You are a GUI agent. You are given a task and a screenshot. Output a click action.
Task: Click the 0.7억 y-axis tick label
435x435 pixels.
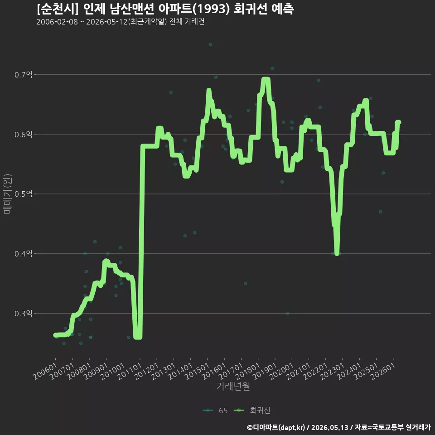(23, 75)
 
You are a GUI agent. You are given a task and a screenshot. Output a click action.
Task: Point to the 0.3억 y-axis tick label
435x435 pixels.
(23, 314)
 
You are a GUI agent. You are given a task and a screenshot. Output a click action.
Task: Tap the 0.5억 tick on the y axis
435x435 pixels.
(23, 194)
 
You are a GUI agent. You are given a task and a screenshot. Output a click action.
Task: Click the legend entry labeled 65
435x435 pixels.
(215, 411)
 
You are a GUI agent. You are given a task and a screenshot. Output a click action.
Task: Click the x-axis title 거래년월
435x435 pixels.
(233, 386)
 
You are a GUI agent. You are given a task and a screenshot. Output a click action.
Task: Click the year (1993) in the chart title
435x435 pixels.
(211, 9)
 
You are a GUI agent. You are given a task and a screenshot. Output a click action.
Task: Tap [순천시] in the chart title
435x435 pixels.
(58, 9)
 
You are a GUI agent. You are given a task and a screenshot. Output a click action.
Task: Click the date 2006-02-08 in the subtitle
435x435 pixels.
(57, 22)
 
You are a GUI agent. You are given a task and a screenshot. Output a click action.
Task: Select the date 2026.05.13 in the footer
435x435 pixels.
(329, 427)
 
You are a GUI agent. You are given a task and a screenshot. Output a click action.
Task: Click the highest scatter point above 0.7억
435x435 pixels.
(210, 45)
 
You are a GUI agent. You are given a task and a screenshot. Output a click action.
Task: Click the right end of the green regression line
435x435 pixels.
(399, 122)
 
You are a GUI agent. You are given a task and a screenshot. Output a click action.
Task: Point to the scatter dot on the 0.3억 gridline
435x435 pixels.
(288, 314)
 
